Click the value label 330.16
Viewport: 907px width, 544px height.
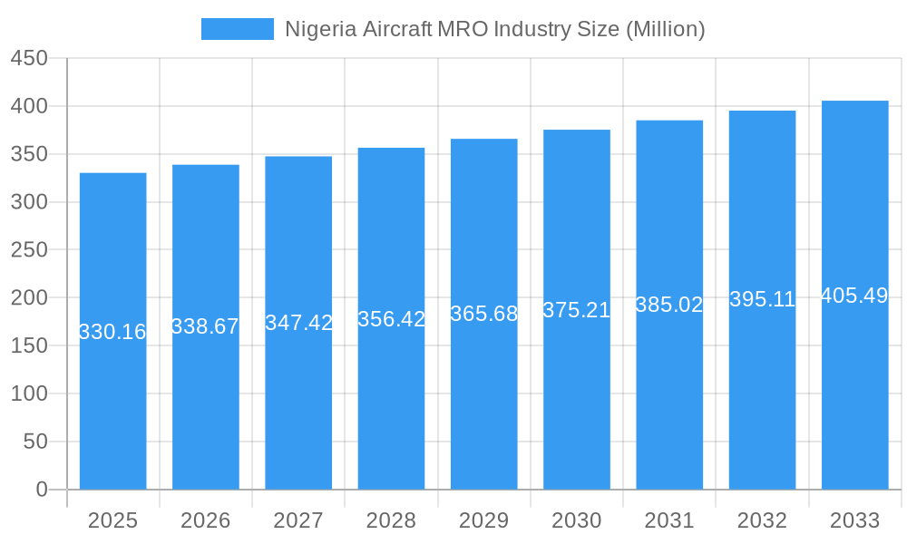(x=112, y=332)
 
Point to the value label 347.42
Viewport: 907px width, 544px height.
(x=298, y=323)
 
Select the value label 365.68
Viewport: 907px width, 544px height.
(x=484, y=314)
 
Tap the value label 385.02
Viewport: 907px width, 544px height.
(x=669, y=305)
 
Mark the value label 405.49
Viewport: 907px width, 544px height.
(x=854, y=296)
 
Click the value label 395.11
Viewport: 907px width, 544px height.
(x=762, y=299)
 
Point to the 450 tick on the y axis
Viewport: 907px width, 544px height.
(x=29, y=58)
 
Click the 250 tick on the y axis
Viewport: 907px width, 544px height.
(x=29, y=250)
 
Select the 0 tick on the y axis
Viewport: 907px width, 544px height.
(x=42, y=490)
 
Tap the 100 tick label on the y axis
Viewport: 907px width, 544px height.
(x=29, y=393)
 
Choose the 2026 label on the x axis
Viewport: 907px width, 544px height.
(x=206, y=520)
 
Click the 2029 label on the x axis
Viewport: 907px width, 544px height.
(x=484, y=520)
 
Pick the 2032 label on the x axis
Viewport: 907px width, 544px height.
(x=762, y=520)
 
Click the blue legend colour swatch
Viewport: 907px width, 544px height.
(x=238, y=29)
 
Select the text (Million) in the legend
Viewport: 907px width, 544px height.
(x=666, y=29)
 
